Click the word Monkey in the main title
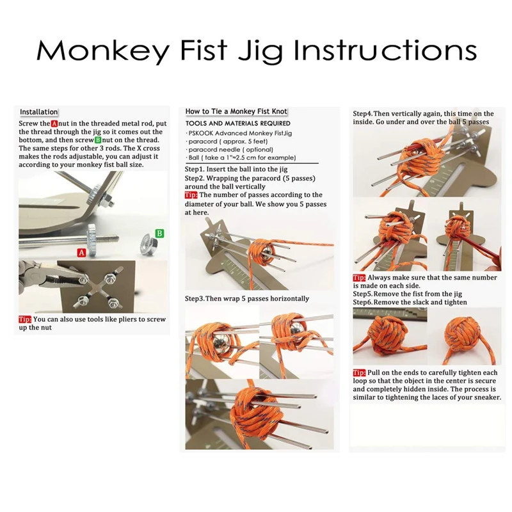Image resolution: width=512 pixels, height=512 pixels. pos(103,51)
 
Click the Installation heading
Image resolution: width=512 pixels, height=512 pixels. pos(38,112)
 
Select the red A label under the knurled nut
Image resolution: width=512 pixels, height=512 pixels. pos(81,252)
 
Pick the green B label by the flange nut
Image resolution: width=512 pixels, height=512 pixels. pos(159,233)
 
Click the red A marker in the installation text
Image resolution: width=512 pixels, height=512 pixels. pos(54,124)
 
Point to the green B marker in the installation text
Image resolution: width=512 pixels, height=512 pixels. pos(98,140)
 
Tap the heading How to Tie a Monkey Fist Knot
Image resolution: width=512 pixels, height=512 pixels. pos(236,111)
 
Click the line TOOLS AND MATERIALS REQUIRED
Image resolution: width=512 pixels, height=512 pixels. pos(237,124)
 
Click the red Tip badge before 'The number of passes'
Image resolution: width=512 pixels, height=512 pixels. pos(191,195)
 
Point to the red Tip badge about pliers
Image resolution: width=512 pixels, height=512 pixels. pos(25,319)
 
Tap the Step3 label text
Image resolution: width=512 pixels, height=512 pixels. pos(195,299)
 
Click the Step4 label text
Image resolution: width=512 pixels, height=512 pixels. pos(363,114)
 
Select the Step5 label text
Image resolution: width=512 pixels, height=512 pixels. pos(363,294)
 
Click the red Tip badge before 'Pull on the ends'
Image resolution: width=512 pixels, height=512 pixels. pos(359,373)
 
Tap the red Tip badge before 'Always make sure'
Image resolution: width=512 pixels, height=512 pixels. pos(359,278)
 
